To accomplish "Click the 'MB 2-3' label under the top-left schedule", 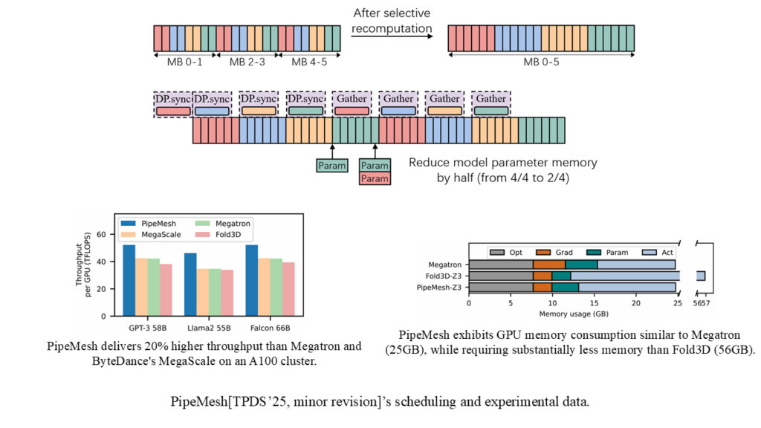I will (x=246, y=62).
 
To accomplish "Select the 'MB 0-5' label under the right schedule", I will (x=542, y=62).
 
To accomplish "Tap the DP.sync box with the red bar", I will (x=172, y=105).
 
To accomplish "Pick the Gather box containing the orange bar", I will (x=444, y=105).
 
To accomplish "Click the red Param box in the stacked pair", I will (x=375, y=178).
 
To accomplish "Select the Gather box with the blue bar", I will (x=398, y=105).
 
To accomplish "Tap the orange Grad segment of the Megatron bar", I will (x=549, y=264).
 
